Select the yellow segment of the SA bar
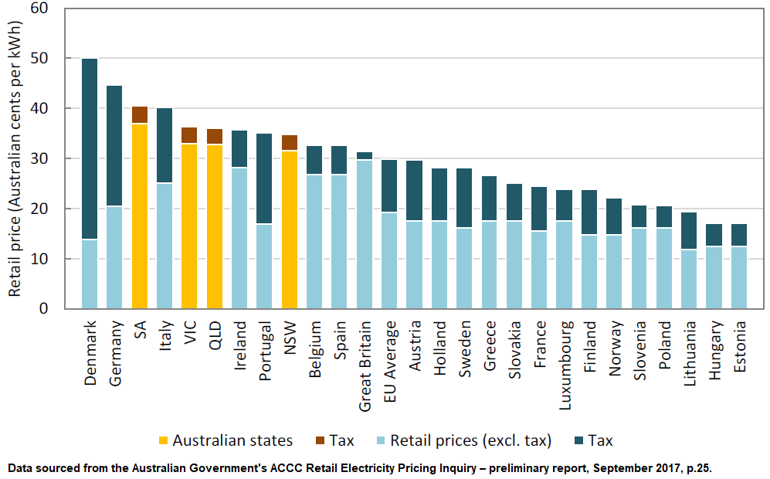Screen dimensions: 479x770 click(140, 216)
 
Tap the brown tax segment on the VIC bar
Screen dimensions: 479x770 click(189, 135)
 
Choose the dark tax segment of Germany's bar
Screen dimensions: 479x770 click(114, 146)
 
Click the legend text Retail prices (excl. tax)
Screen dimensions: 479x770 click(471, 441)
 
